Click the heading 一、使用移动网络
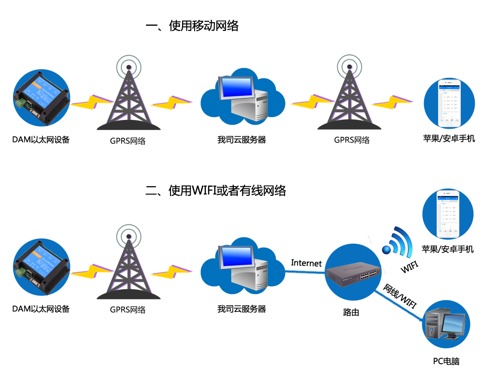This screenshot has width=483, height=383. click(x=192, y=26)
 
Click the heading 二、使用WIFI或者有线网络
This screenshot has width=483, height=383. click(x=216, y=191)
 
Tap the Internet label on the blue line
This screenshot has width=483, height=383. click(x=306, y=263)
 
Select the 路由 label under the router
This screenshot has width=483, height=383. click(x=351, y=312)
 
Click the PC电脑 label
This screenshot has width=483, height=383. click(x=446, y=361)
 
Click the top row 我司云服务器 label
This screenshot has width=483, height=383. click(x=241, y=140)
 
